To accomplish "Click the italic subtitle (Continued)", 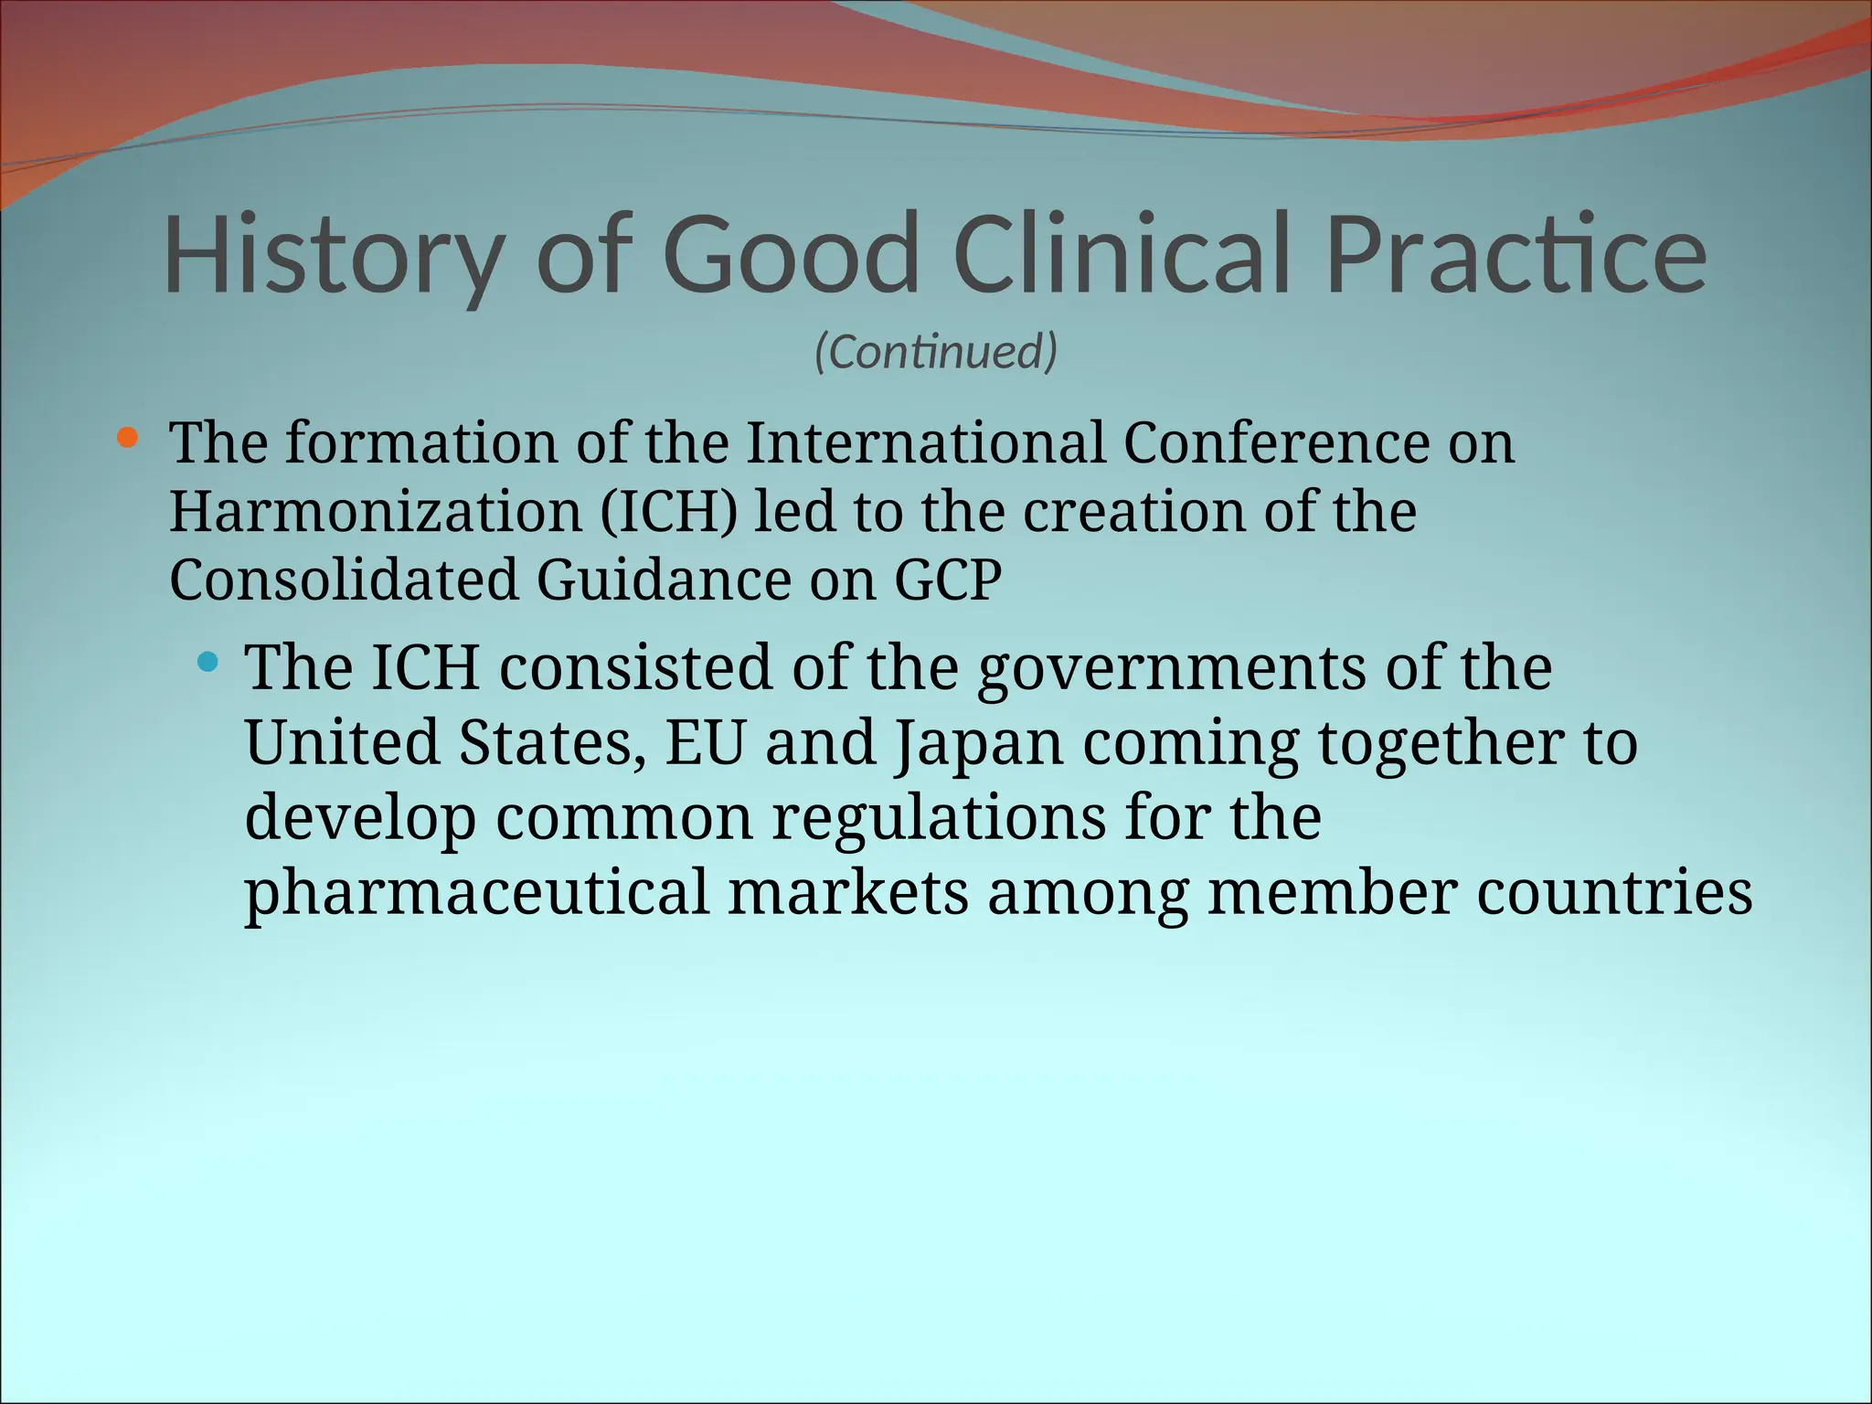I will pyautogui.click(x=936, y=352).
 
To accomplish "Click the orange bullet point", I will pyautogui.click(x=127, y=439).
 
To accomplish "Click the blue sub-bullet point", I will pyautogui.click(x=208, y=661).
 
